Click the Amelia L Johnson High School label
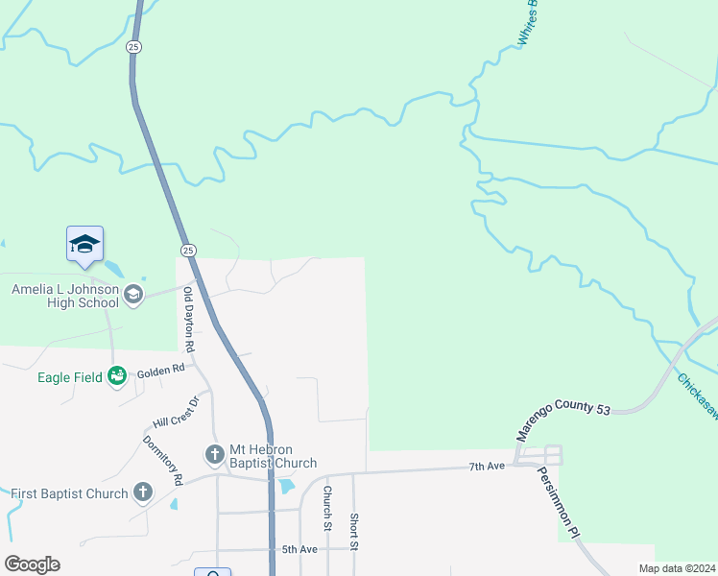pos(64,296)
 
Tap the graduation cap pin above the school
pos(84,246)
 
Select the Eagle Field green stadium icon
pos(117,376)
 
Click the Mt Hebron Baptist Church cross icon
pos(214,452)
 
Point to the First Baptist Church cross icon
pos(143,492)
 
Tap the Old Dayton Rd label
pos(189,319)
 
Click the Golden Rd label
pos(160,370)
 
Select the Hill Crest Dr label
pos(175,412)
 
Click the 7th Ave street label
pos(487,466)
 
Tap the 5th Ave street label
pos(299,549)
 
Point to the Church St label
pos(327,506)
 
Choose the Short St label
pos(354,531)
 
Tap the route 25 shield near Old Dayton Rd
pos(188,250)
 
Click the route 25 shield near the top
pos(133,46)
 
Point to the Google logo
pos(32,564)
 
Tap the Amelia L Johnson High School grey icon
pos(133,295)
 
